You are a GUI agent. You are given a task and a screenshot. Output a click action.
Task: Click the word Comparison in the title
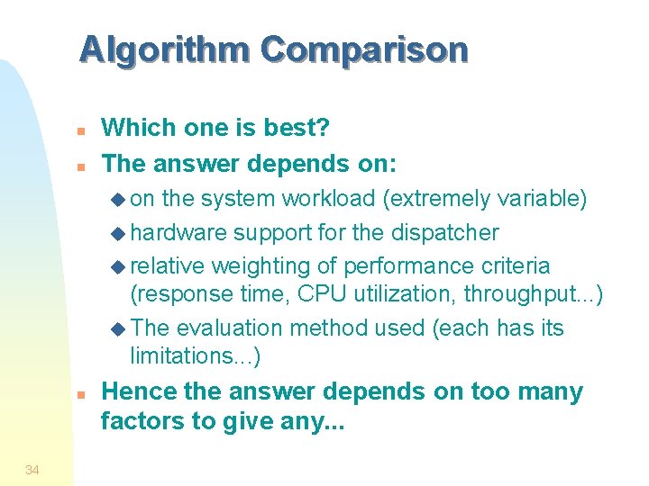(x=364, y=49)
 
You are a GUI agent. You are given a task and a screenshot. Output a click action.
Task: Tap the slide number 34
(x=32, y=469)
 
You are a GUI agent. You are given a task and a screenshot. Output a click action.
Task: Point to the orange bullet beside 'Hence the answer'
(x=80, y=394)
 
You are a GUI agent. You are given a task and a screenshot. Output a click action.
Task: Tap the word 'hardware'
(x=178, y=232)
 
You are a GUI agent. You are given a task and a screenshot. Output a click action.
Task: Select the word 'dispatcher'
(x=444, y=232)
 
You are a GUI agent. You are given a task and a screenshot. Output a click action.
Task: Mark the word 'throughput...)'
(x=535, y=294)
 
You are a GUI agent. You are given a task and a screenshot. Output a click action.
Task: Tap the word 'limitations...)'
(x=196, y=356)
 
